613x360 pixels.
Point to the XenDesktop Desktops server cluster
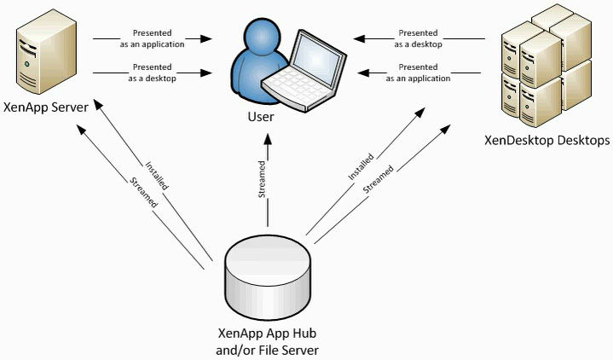(546, 65)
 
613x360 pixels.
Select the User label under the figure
(260, 117)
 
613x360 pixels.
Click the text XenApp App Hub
(268, 334)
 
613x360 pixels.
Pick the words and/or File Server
(268, 350)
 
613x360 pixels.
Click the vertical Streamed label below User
(264, 183)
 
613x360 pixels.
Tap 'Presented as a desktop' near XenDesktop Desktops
(419, 39)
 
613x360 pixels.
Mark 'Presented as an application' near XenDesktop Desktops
(419, 73)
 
